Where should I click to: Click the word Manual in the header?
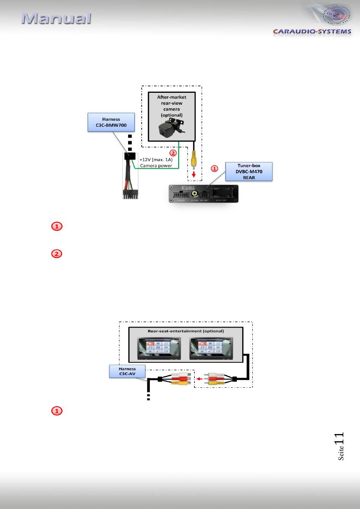point(56,19)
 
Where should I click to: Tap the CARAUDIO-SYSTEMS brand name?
point(312,31)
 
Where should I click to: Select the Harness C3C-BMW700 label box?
point(111,122)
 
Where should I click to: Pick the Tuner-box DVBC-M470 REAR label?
point(249,172)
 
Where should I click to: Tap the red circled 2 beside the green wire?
point(173,153)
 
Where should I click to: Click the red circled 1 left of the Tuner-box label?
point(214,168)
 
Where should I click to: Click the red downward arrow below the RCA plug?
point(194,174)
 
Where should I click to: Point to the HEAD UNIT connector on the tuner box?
point(221,192)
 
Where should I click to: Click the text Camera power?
point(156,166)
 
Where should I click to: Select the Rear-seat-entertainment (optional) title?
point(186,331)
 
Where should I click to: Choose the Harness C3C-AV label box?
point(127,371)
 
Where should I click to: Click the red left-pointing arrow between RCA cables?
point(199,378)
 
